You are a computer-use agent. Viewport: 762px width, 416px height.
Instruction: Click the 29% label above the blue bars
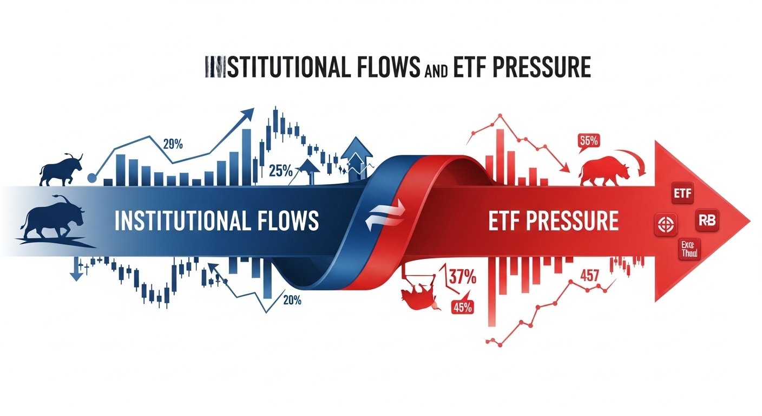pyautogui.click(x=173, y=144)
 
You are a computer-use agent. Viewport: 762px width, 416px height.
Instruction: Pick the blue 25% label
pyautogui.click(x=280, y=172)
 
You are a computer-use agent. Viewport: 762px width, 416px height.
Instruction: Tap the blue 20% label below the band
pyautogui.click(x=292, y=300)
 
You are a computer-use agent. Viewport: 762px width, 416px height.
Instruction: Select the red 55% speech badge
pyautogui.click(x=588, y=140)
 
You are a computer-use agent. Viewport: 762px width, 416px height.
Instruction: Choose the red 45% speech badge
pyautogui.click(x=462, y=307)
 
